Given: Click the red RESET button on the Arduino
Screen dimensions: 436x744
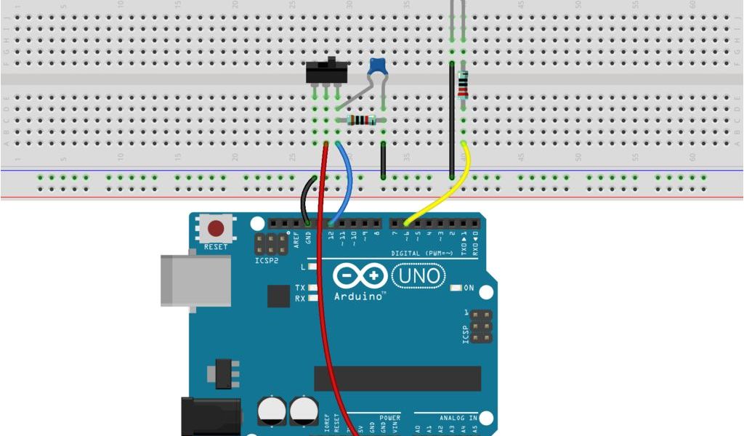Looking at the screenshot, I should pos(216,229).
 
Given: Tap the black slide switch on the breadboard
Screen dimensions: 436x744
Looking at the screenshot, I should pos(327,72).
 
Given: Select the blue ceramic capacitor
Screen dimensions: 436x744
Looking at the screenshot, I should pos(377,67).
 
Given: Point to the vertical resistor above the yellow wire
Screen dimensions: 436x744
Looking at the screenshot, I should pos(463,84).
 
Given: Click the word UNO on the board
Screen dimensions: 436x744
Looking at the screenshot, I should pos(419,276).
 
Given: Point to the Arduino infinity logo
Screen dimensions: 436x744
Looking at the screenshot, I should pos(360,276).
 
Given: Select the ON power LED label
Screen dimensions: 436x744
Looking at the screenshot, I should pos(469,288).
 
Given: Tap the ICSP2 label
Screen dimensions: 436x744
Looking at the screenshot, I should pos(266,259).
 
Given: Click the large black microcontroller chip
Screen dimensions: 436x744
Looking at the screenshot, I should pos(397,378).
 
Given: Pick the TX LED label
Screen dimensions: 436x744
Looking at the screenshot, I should pos(300,288).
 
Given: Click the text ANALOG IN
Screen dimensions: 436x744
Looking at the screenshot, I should pos(458,418).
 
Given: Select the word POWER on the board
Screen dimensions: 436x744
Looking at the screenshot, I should pos(389,418).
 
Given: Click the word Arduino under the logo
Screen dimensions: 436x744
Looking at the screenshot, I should pos(359,296).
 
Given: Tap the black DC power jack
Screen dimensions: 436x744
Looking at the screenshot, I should pos(210,418).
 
